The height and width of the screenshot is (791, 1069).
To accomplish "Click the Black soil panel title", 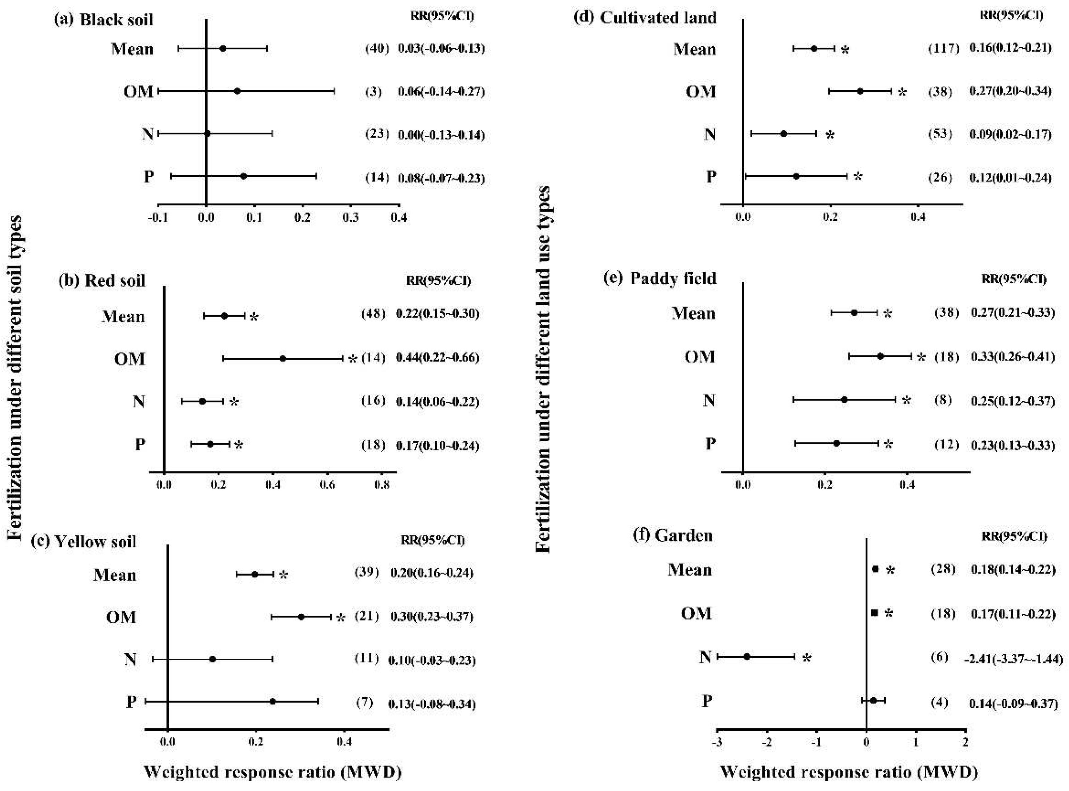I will click(x=104, y=20).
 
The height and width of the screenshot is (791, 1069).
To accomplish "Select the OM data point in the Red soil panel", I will click(x=282, y=358).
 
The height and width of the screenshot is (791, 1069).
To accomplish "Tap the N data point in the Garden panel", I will click(x=747, y=656).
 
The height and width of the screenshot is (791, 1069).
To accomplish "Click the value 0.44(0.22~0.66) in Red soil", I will click(x=437, y=358).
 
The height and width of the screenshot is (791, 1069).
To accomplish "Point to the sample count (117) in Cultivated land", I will click(x=943, y=48).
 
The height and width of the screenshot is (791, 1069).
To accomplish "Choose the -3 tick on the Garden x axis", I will click(x=717, y=742).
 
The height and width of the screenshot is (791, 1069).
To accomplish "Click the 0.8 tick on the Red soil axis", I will click(x=382, y=484).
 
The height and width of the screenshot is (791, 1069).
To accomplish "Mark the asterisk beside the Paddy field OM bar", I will click(x=921, y=357).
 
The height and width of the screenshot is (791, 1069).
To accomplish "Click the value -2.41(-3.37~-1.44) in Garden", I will click(x=1013, y=659).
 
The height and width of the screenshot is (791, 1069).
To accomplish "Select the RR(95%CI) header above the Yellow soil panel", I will click(x=433, y=540).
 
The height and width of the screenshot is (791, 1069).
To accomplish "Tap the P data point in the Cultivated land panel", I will click(x=796, y=176).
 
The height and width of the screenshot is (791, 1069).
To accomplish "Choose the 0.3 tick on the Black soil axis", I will click(x=351, y=217).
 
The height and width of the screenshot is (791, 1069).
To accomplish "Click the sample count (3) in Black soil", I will click(x=374, y=91).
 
